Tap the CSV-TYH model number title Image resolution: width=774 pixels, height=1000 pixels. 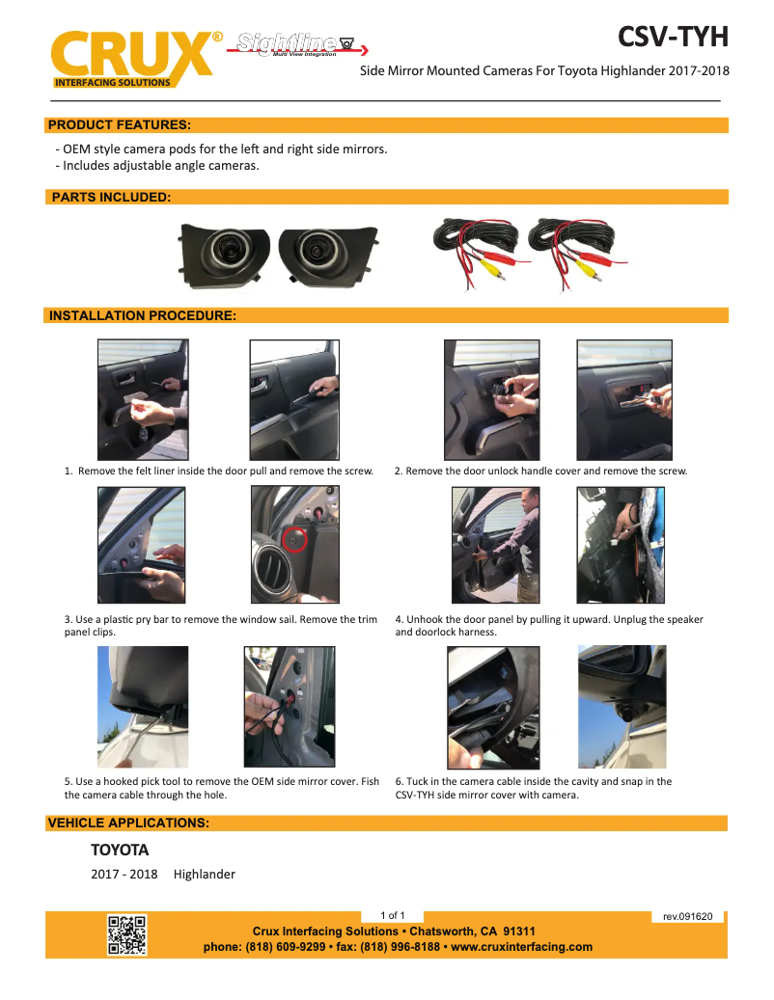pyautogui.click(x=673, y=37)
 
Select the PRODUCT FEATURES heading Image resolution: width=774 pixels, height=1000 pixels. pyautogui.click(x=119, y=124)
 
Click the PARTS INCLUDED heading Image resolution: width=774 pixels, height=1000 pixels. pyautogui.click(x=111, y=197)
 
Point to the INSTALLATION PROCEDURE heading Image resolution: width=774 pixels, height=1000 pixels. pyautogui.click(x=143, y=315)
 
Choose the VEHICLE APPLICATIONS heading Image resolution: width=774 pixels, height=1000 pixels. pyautogui.click(x=128, y=823)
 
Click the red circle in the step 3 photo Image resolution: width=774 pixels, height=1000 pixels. pyautogui.click(x=295, y=539)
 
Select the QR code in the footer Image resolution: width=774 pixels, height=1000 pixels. pyautogui.click(x=126, y=934)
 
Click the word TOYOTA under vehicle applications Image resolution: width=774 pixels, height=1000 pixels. pyautogui.click(x=120, y=851)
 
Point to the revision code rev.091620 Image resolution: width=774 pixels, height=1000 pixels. pyautogui.click(x=687, y=916)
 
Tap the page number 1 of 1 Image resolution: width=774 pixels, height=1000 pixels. pyautogui.click(x=393, y=915)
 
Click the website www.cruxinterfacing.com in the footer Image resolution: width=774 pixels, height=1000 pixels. pyautogui.click(x=522, y=947)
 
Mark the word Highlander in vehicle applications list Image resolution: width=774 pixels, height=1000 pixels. pyautogui.click(x=205, y=875)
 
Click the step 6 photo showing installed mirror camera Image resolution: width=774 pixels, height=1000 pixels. pyautogui.click(x=622, y=707)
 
